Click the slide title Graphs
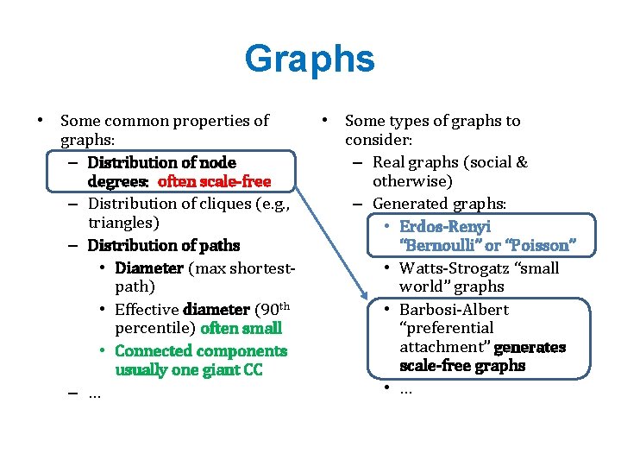310,60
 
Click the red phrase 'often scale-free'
214,182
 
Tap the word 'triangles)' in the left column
122,224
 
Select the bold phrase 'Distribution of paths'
164,245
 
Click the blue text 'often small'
241,329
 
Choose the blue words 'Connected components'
200,351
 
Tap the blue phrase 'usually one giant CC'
188,370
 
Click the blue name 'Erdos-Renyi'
444,226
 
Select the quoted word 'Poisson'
539,246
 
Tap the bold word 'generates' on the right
530,347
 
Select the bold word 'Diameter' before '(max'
148,268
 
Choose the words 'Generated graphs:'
439,204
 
